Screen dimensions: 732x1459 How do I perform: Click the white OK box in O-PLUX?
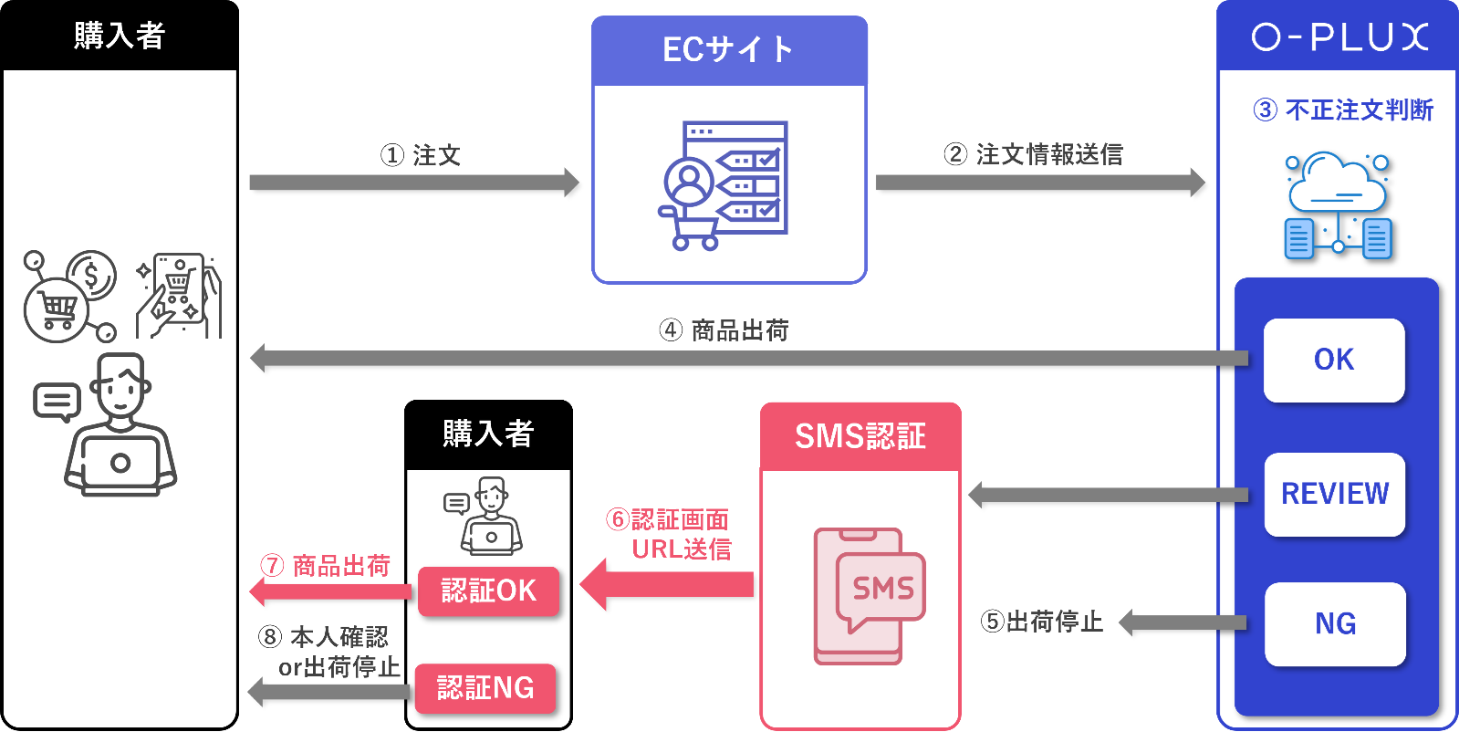(x=1333, y=360)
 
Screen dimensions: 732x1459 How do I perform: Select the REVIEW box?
(x=1334, y=494)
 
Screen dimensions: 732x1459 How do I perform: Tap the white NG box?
(x=1334, y=623)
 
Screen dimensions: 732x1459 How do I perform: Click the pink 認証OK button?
(x=488, y=591)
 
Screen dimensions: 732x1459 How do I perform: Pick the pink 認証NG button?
(x=485, y=687)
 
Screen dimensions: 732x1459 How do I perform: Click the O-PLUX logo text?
(x=1339, y=37)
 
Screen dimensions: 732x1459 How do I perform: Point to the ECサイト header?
(x=728, y=50)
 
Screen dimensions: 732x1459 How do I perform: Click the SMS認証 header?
(x=860, y=436)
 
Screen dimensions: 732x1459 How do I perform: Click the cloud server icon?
(x=1337, y=205)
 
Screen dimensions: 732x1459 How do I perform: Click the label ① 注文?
(x=421, y=155)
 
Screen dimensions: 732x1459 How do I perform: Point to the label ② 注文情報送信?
(x=1033, y=154)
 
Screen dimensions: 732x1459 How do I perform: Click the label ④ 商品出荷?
(x=724, y=329)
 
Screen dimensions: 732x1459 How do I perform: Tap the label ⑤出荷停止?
(x=1041, y=622)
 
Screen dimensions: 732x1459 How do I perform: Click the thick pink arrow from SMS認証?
(x=667, y=584)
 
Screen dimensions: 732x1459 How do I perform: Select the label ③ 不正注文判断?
(x=1342, y=110)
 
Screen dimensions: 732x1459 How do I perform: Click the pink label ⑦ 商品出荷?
(x=326, y=566)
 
